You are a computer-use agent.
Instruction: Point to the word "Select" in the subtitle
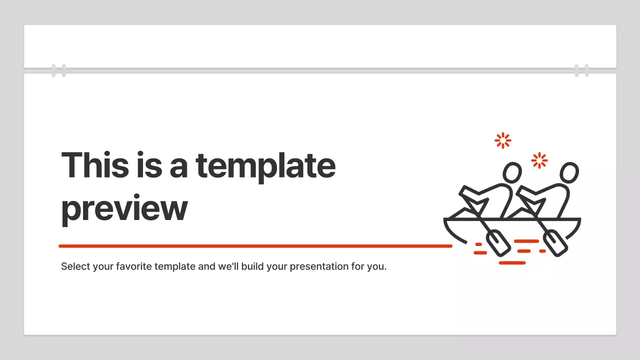[75, 266]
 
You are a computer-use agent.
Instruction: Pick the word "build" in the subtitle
[252, 266]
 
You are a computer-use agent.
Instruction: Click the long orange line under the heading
[255, 246]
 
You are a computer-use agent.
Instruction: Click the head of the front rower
[569, 173]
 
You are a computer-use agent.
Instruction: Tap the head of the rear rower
[512, 173]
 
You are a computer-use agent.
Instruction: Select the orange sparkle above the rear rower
[502, 140]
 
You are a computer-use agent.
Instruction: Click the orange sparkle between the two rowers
[539, 160]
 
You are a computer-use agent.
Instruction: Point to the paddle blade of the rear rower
[498, 243]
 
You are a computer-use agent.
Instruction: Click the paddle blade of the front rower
[555, 243]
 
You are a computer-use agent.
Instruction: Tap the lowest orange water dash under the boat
[512, 262]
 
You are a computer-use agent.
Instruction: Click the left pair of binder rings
[58, 70]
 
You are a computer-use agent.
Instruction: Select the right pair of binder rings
[581, 70]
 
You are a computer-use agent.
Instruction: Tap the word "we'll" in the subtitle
[228, 266]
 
